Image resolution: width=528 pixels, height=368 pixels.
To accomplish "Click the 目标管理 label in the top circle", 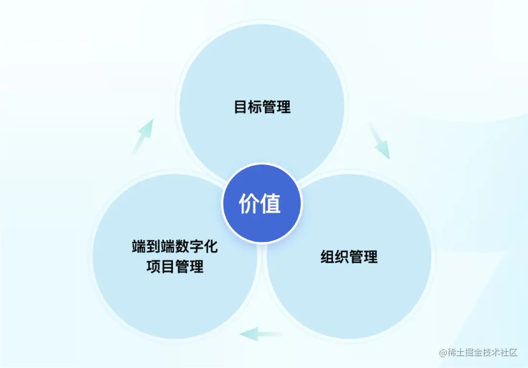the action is point(262,107).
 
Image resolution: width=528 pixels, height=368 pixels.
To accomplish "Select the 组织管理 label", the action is point(349,256).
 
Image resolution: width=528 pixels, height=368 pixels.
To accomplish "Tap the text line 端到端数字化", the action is point(175,246).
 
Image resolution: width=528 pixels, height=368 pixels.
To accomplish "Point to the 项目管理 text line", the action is point(175,267).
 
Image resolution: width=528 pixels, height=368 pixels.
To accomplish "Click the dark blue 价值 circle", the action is point(262,203).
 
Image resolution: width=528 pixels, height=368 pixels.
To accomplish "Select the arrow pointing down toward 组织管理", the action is point(380,142).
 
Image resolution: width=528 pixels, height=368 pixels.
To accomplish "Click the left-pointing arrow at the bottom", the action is point(261,335).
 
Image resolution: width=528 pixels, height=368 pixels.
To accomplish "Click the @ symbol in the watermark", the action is point(442,353).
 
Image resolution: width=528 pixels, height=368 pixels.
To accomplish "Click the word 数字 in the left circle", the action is point(189,246).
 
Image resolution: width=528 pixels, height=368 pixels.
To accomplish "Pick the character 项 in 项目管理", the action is point(153,267).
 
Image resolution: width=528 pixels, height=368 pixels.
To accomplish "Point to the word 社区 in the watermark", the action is point(508,353).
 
